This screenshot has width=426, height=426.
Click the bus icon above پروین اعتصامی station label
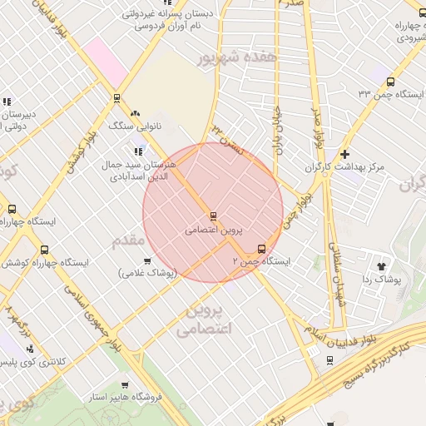(x=213, y=215)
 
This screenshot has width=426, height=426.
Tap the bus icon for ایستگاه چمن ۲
(x=262, y=248)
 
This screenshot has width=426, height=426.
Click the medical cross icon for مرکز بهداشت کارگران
(x=344, y=154)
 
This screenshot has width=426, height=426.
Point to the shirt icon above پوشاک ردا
(x=382, y=266)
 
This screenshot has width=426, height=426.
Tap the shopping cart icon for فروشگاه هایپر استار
(x=125, y=385)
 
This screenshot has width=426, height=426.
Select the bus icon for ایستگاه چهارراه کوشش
(x=44, y=249)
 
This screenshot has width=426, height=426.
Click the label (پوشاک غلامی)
(x=147, y=273)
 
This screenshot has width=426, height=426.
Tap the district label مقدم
(x=127, y=241)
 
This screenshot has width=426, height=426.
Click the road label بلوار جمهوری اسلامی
(x=82, y=312)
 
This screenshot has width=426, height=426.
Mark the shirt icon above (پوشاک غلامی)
(x=147, y=260)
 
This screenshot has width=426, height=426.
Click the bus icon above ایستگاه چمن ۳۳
(x=390, y=81)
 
